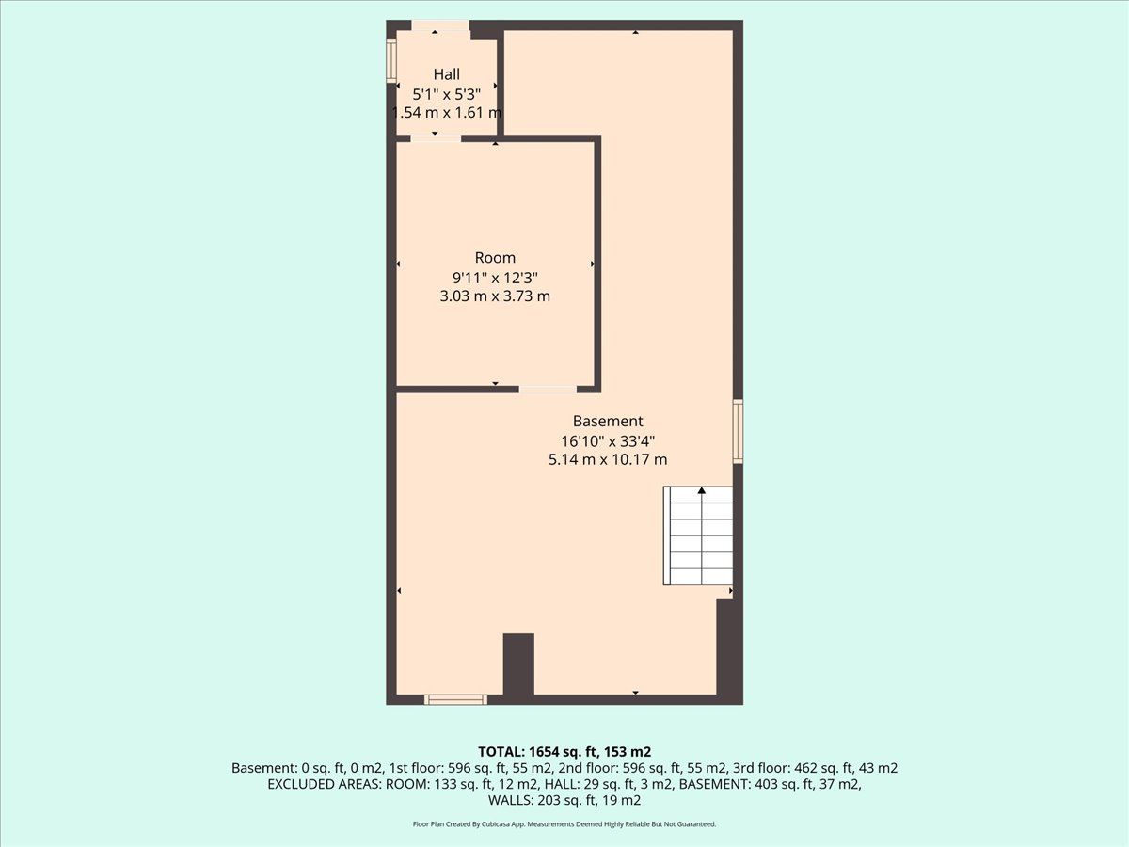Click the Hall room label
(x=447, y=74)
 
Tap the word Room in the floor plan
(x=495, y=257)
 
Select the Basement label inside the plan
(x=608, y=422)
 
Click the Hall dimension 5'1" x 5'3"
(x=447, y=94)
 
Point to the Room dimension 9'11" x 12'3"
(x=495, y=278)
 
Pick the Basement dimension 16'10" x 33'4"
(x=608, y=441)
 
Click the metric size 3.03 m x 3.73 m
(x=495, y=296)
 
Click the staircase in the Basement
(x=698, y=535)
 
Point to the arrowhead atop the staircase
(x=702, y=490)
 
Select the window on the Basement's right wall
(x=738, y=431)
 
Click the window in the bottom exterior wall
(x=455, y=699)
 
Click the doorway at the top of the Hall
(x=439, y=25)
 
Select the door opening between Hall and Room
(x=436, y=137)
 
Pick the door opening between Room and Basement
(x=548, y=390)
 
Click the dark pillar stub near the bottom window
(x=518, y=664)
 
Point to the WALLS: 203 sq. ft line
(x=564, y=800)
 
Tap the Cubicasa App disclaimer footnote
(x=564, y=824)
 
